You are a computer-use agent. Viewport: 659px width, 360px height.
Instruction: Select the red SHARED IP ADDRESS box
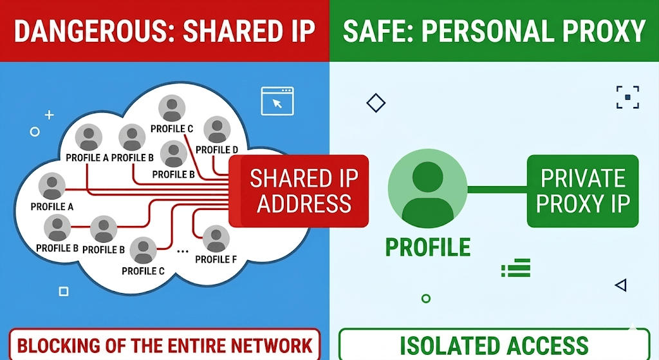pyautogui.click(x=299, y=191)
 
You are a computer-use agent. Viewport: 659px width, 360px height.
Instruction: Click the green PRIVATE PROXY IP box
pyautogui.click(x=582, y=191)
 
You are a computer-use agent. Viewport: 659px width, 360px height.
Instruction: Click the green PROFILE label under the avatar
pyautogui.click(x=428, y=247)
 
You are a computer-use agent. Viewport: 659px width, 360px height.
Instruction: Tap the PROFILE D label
pyautogui.click(x=217, y=149)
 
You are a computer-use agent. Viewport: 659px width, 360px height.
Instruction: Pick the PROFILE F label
pyautogui.click(x=216, y=260)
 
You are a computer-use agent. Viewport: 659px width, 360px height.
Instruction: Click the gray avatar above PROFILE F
pyautogui.click(x=216, y=239)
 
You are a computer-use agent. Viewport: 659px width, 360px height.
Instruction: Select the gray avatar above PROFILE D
pyautogui.click(x=217, y=129)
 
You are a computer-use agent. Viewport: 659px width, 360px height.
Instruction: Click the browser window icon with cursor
pyautogui.click(x=277, y=101)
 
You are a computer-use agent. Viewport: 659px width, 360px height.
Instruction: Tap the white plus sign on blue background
pyautogui.click(x=49, y=115)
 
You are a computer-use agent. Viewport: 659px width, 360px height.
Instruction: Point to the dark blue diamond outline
pyautogui.click(x=376, y=102)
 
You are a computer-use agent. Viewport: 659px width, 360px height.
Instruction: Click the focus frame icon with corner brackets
pyautogui.click(x=628, y=97)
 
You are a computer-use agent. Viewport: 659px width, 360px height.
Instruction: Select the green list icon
pyautogui.click(x=515, y=268)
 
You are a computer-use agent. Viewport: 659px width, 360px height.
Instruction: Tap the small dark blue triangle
pyautogui.click(x=621, y=285)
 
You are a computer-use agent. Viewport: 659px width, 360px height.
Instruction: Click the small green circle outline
pyautogui.click(x=426, y=299)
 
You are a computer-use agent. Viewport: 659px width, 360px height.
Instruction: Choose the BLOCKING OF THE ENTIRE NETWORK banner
pyautogui.click(x=164, y=345)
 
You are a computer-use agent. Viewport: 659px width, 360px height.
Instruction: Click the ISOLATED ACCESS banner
pyautogui.click(x=494, y=345)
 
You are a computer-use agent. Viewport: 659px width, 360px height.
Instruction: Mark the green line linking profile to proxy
pyautogui.click(x=497, y=190)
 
